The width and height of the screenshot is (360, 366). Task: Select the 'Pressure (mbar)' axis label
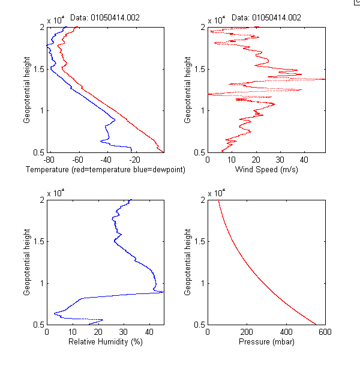click(x=266, y=343)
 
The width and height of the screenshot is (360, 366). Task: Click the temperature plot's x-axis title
click(x=106, y=170)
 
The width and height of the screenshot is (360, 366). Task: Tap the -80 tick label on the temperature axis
click(x=49, y=160)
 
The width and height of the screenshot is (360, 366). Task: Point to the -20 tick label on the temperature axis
click(x=134, y=160)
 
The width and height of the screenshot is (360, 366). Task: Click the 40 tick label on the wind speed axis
click(x=304, y=160)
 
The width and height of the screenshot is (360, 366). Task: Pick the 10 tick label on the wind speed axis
click(x=232, y=160)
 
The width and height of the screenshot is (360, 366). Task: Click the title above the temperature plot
click(x=105, y=18)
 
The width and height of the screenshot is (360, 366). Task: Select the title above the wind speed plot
click(x=266, y=18)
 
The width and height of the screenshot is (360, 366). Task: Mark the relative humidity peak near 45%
click(x=163, y=292)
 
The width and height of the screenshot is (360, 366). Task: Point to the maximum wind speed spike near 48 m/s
click(x=324, y=79)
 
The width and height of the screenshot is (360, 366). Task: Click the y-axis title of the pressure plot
click(x=189, y=262)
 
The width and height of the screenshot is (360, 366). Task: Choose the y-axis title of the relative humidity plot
click(x=28, y=262)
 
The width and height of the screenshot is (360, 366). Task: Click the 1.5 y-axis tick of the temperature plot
click(x=37, y=69)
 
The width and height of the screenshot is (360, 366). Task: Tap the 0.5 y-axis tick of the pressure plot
click(x=199, y=325)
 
